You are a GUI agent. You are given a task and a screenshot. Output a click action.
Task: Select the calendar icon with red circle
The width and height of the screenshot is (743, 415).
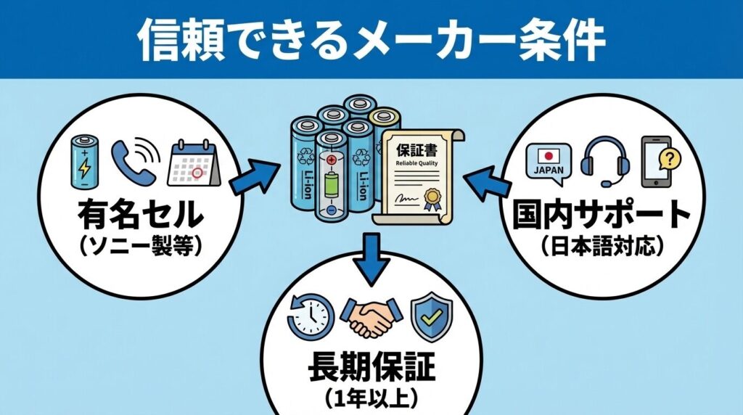(x=192, y=162)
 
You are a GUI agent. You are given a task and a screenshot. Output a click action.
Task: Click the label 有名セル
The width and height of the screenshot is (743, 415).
(x=139, y=215)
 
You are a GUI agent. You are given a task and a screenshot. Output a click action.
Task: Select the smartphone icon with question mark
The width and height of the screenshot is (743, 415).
(x=658, y=161)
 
